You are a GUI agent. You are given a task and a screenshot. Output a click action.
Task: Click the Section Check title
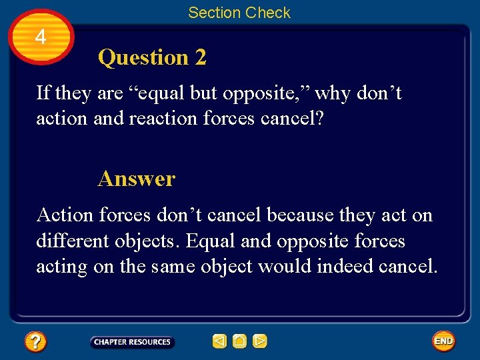pos(239,13)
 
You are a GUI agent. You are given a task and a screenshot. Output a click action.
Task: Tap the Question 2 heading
pos(152,58)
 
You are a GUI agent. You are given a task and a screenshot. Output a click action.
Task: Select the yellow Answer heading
pos(136,179)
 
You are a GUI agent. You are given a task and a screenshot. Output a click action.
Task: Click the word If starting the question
pos(43,93)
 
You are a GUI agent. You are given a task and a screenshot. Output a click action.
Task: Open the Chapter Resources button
pos(132,342)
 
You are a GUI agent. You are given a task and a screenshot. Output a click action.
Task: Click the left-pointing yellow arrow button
pos(219,342)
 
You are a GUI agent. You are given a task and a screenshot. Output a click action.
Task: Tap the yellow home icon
pos(240,342)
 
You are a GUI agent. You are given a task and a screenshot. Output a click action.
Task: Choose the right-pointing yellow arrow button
pos(260,342)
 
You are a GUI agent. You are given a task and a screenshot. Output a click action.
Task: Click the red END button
pos(443,341)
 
